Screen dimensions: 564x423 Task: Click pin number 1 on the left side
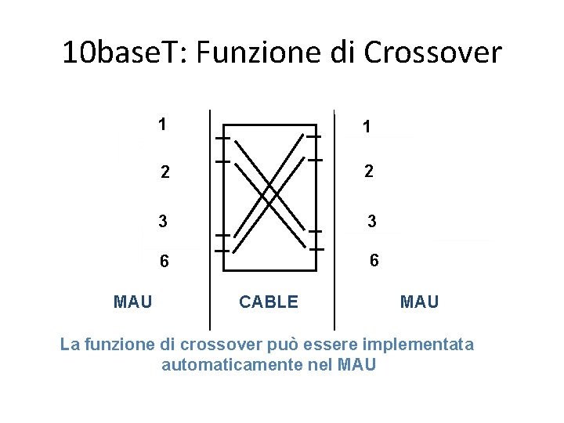161,124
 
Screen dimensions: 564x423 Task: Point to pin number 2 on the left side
164,172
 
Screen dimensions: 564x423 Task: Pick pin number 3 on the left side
162,222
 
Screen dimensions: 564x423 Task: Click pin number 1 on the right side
367,127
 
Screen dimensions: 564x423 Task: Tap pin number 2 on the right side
368,172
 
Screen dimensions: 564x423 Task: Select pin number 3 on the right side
372,222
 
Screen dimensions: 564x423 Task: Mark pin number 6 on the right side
374,261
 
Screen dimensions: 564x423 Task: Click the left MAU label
133,300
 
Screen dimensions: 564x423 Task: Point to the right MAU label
420,301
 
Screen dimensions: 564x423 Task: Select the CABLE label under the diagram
269,302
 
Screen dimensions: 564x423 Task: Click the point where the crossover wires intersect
269,190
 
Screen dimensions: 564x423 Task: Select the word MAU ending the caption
359,364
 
